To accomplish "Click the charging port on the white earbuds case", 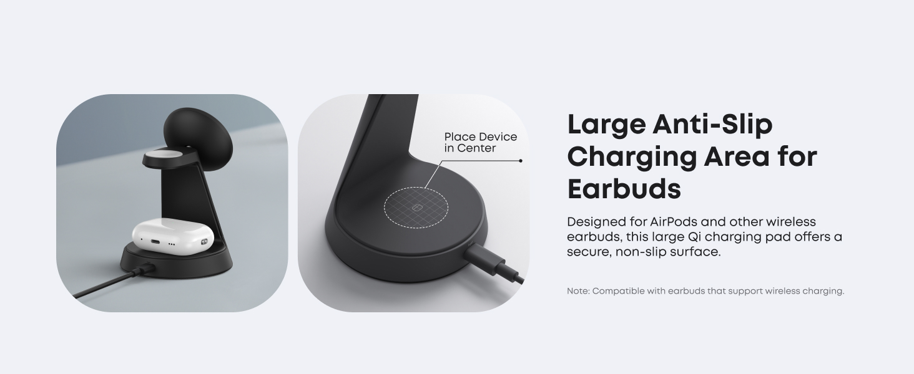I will click(x=156, y=242).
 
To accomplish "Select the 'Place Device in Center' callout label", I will click(x=481, y=142).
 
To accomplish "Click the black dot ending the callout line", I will click(x=521, y=161).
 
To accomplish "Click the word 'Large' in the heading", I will click(x=606, y=125).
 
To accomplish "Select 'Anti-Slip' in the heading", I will click(x=712, y=125).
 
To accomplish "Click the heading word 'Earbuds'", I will click(x=624, y=188).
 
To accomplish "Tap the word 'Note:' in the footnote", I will click(x=577, y=291).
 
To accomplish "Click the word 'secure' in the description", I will click(x=587, y=252).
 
